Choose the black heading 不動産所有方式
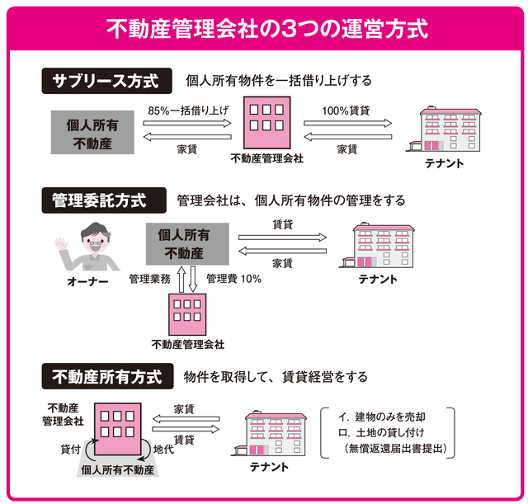pos(106,376)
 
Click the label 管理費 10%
pos(234,279)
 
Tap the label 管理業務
pos(150,279)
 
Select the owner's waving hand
pos(60,248)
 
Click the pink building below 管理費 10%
pos(187,313)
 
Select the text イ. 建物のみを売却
pos(380,417)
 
